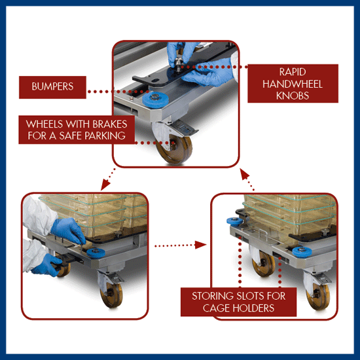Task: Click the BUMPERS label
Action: tap(52, 86)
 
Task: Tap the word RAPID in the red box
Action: tap(293, 72)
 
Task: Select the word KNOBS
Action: tap(293, 96)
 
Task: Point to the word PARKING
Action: tap(105, 135)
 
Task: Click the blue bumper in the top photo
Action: tap(155, 99)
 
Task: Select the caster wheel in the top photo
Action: tap(175, 149)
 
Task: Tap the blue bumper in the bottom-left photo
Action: tap(96, 253)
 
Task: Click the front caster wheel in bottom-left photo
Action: tap(112, 295)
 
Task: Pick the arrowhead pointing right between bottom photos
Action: tap(200, 245)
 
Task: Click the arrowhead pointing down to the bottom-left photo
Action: tap(105, 185)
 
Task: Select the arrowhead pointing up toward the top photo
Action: tap(245, 174)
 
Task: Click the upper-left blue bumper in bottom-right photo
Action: tap(234, 221)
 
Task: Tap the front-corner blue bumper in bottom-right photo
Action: tap(302, 252)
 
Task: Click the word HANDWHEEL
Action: tap(293, 84)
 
